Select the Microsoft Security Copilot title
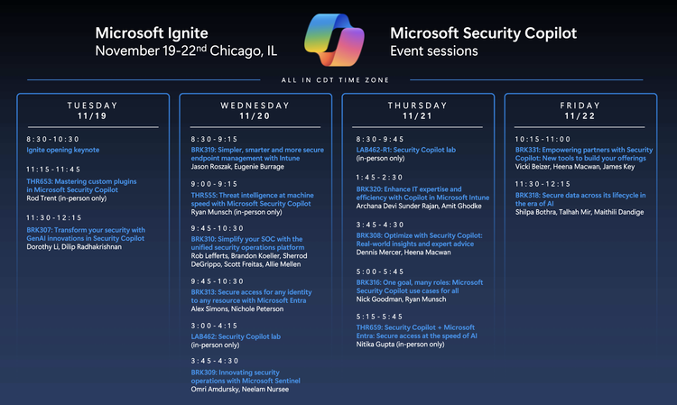482,33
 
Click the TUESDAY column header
93,110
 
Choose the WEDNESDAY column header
255,110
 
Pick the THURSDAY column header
417,110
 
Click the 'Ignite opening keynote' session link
63,150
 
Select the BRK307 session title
86,234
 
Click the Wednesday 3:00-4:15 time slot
215,326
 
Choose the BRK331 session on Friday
584,154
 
